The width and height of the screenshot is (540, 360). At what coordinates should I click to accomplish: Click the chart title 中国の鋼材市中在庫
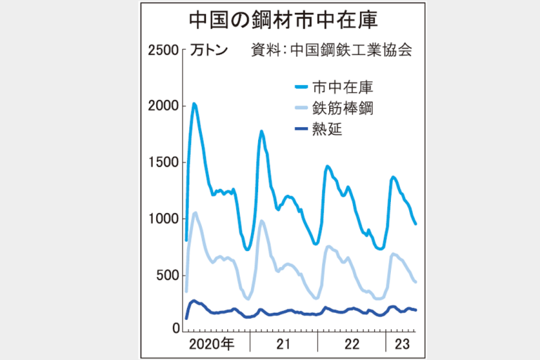[270, 19]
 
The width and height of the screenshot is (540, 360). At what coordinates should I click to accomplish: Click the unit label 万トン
[209, 51]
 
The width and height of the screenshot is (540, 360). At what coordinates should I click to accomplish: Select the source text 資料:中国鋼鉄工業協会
[330, 51]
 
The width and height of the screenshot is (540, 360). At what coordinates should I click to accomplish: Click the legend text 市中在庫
[342, 87]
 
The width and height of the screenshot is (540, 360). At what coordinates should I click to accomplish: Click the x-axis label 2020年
[213, 344]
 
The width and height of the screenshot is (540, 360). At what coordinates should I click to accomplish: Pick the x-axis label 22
[352, 344]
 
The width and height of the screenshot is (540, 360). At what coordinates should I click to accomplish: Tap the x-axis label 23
[401, 344]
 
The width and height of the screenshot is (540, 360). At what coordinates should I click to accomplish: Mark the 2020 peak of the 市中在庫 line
[194, 104]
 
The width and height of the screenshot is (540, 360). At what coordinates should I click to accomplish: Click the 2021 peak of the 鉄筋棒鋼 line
[262, 221]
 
